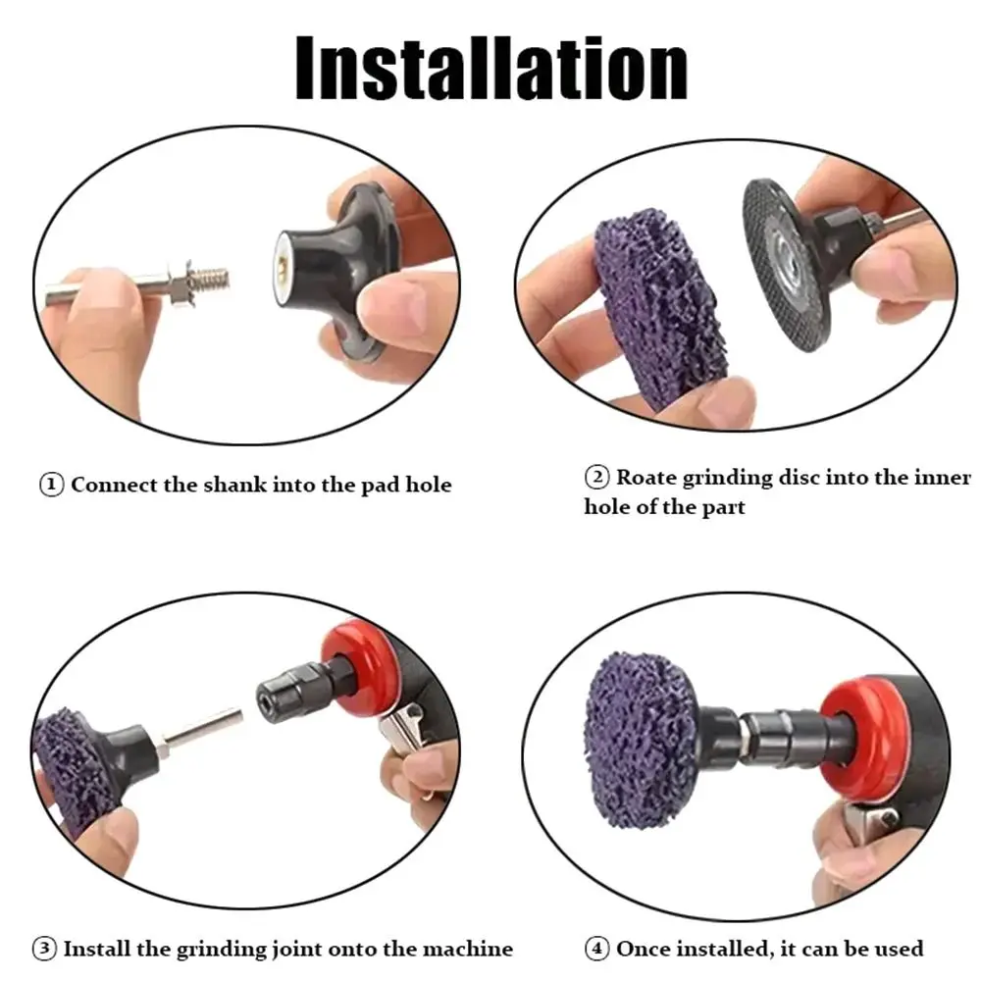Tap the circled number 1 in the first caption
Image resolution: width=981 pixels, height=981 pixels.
click(52, 485)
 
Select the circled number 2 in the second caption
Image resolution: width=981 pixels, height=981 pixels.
click(596, 478)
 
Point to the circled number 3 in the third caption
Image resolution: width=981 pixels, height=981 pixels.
click(45, 949)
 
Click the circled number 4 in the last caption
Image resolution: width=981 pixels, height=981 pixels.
click(597, 949)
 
